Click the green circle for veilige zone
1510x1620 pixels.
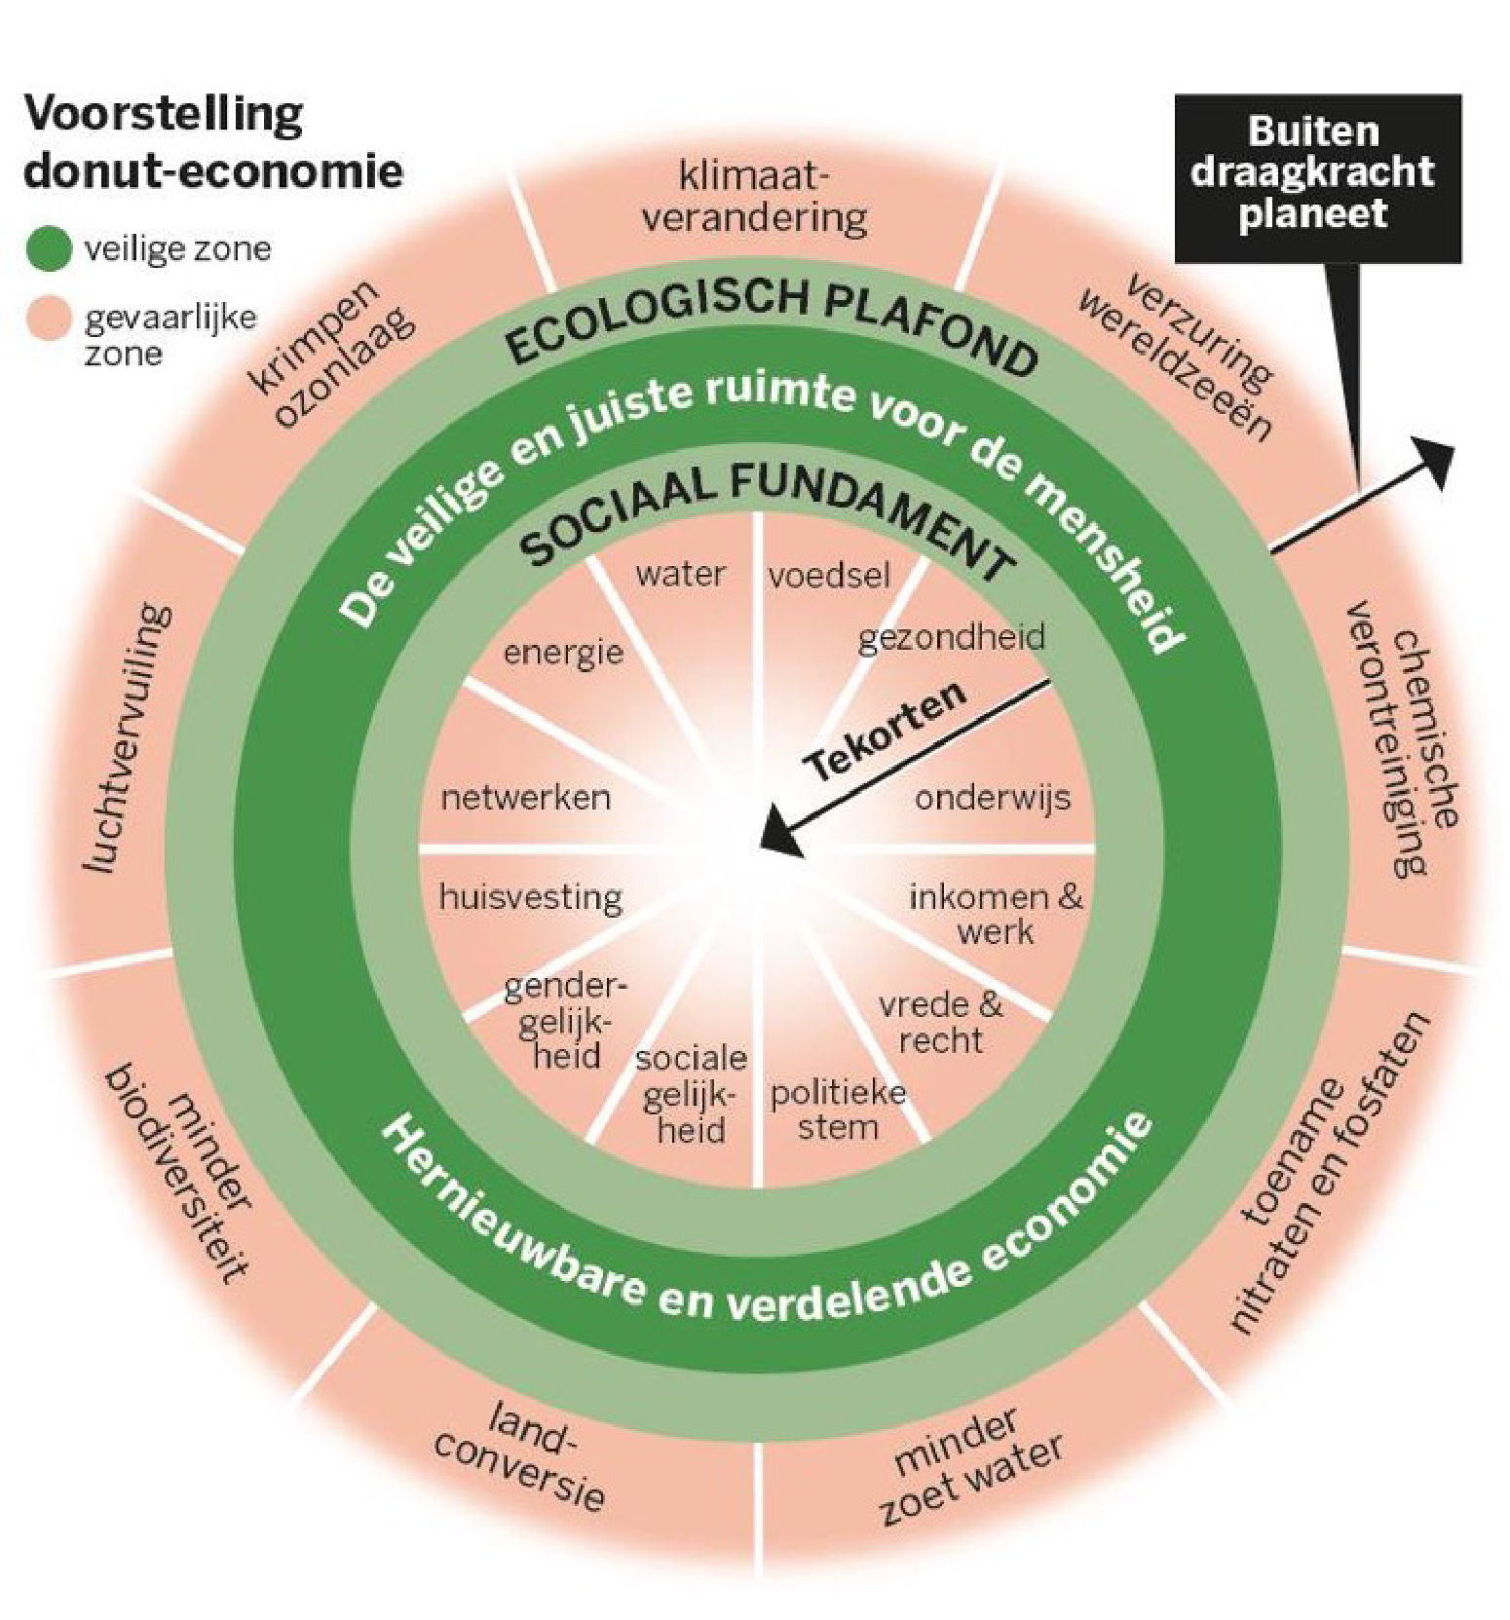pos(49,248)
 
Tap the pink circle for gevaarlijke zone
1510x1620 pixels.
pos(49,319)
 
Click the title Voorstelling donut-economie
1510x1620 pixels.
pos(212,142)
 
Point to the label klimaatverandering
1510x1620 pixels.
pos(754,199)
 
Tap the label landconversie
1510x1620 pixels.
pos(521,1454)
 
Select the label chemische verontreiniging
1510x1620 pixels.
pos(1403,740)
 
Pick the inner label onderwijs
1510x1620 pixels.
pos(992,799)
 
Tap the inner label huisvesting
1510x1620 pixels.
pos(531,897)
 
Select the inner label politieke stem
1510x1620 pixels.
pos(838,1111)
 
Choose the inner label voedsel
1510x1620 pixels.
pos(829,576)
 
